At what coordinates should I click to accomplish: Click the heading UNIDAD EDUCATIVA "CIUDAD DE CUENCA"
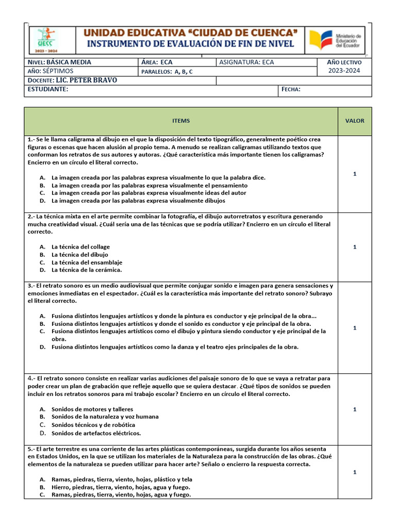point(191,33)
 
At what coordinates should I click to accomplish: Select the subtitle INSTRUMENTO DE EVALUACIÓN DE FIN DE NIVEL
point(191,44)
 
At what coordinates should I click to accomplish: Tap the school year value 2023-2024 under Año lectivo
point(344,71)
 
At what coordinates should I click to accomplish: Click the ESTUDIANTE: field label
point(48,90)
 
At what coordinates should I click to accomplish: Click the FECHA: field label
point(291,90)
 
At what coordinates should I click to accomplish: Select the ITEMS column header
point(181,121)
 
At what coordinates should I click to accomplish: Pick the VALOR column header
point(354,121)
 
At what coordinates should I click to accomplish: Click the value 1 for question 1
point(354,174)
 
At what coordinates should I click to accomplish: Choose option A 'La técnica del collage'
point(80,247)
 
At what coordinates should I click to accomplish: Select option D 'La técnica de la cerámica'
point(86,270)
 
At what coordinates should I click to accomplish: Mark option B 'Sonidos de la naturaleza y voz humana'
point(105,417)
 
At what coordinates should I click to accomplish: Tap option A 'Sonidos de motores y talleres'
point(92,409)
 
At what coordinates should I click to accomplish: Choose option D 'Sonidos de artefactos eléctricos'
point(96,433)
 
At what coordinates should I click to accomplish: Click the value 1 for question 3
point(354,328)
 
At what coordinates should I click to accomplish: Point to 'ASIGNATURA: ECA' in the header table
point(246,62)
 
